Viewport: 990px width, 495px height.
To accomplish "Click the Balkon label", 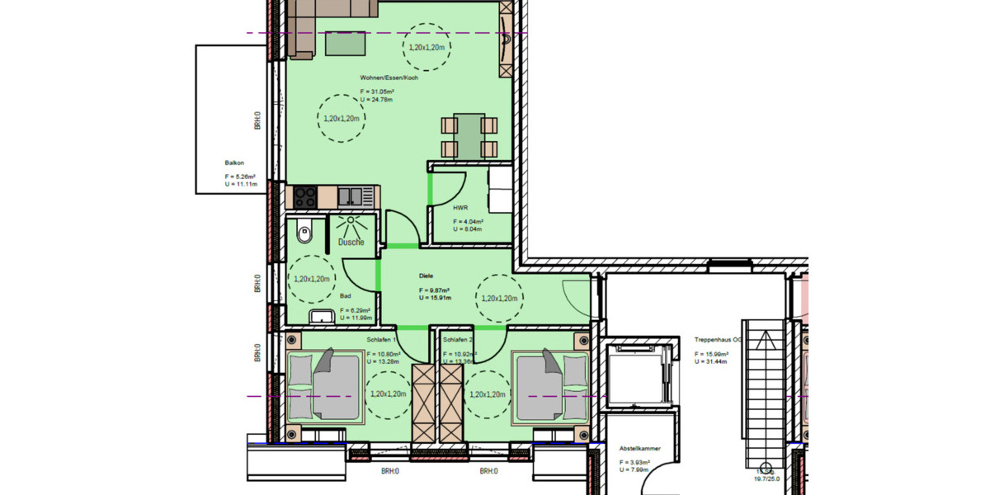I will tap(234, 163).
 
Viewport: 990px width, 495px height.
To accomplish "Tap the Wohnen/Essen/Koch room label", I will tap(389, 77).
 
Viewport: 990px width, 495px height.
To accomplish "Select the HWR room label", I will tap(460, 208).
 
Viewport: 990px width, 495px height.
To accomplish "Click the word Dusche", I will tap(351, 242).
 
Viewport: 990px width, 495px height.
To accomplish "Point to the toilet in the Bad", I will tap(304, 233).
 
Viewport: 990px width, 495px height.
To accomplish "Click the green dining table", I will tap(469, 136).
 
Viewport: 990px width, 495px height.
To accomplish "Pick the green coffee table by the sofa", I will tap(346, 43).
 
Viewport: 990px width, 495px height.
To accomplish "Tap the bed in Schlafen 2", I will tap(551, 384).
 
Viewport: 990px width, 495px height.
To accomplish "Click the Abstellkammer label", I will tap(640, 449).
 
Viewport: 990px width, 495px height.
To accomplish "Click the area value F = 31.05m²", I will tap(378, 91).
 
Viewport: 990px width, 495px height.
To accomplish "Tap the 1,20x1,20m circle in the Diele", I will tap(499, 298).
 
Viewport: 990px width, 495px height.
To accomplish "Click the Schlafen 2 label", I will tap(457, 339).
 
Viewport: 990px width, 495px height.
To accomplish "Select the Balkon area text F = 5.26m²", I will tap(240, 177).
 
